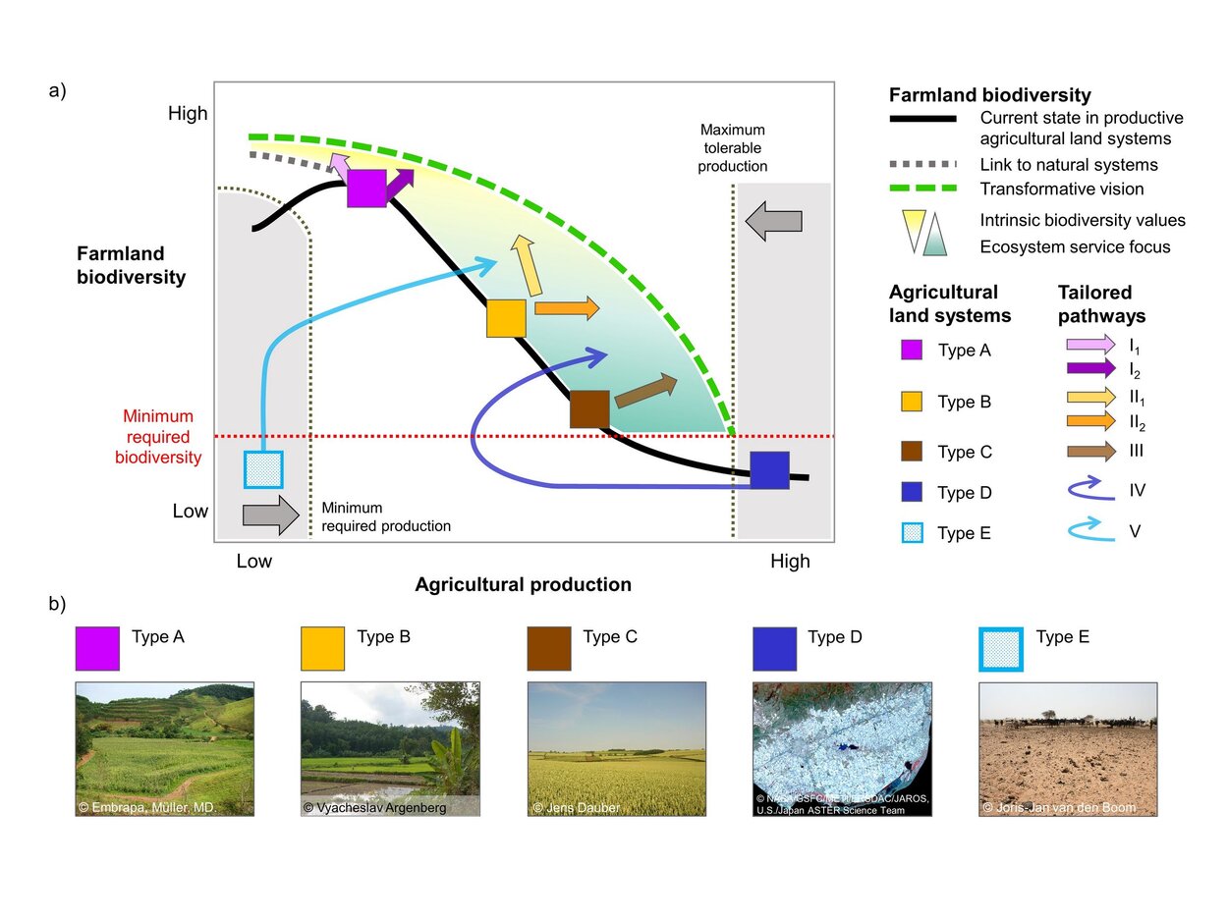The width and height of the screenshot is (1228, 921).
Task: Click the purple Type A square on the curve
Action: click(x=366, y=189)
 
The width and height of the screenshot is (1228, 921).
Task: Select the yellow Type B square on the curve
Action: click(x=506, y=318)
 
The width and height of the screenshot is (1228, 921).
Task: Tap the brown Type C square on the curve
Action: click(x=589, y=409)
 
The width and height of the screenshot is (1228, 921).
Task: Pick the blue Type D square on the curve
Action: click(x=769, y=470)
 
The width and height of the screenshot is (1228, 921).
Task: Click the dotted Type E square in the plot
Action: click(x=263, y=469)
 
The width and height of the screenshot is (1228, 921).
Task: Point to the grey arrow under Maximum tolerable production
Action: click(x=774, y=221)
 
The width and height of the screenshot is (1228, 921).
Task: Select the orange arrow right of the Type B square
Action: click(x=566, y=308)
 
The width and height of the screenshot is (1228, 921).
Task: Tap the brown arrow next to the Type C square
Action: click(x=645, y=390)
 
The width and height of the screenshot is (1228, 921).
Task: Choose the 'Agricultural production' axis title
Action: click(x=523, y=585)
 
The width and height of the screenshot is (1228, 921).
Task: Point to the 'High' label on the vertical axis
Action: click(x=188, y=114)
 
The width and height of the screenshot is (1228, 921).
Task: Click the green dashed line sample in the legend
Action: click(x=922, y=189)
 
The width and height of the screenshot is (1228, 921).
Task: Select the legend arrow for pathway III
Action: click(x=1090, y=452)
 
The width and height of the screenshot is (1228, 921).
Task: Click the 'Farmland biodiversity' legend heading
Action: click(x=989, y=95)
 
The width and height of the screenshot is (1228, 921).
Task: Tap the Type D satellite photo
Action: click(x=842, y=748)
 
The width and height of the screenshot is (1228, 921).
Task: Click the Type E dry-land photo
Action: click(x=1068, y=748)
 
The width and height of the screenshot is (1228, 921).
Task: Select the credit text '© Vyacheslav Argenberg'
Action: click(x=374, y=808)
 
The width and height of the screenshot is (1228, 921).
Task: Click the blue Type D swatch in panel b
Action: click(x=774, y=649)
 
